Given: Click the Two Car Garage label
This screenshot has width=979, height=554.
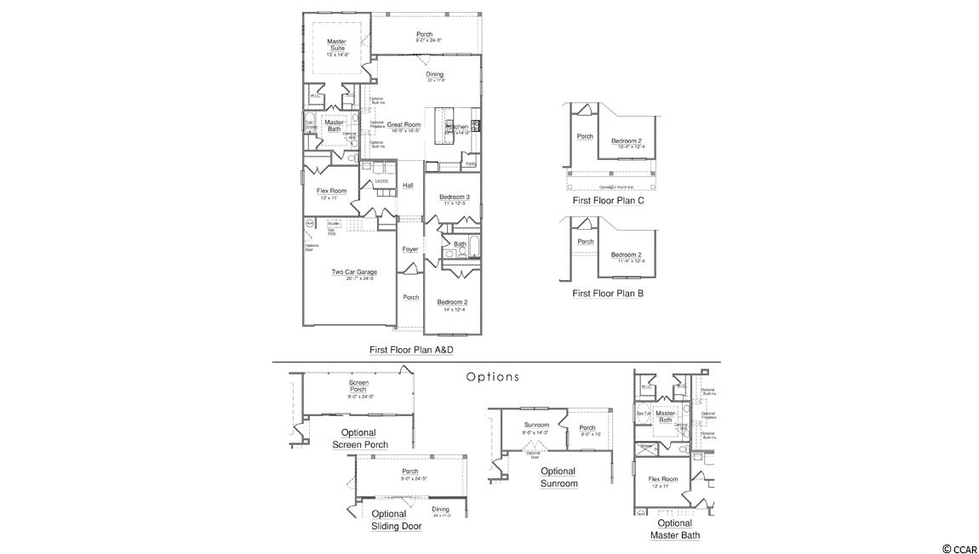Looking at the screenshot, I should pyautogui.click(x=354, y=272).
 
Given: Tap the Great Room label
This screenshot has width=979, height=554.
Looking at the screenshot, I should pyautogui.click(x=404, y=125).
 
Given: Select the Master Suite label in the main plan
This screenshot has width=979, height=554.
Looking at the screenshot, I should pyautogui.click(x=336, y=44).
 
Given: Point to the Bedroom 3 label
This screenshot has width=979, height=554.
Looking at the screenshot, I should pyautogui.click(x=455, y=197).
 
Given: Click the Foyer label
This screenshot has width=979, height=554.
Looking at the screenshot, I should pyautogui.click(x=410, y=249).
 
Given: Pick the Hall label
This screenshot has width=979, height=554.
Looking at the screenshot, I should pyautogui.click(x=408, y=186).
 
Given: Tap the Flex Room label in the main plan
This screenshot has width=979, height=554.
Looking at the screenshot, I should pyautogui.click(x=331, y=191).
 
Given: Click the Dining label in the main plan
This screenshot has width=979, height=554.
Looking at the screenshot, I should pyautogui.click(x=435, y=75).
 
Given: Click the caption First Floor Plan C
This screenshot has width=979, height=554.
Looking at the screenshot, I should pyautogui.click(x=608, y=201).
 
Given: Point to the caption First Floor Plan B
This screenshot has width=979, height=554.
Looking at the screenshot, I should pyautogui.click(x=608, y=294).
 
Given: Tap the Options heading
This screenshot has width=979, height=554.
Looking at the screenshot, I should pyautogui.click(x=492, y=377).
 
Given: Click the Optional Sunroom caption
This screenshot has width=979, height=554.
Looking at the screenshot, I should pyautogui.click(x=558, y=477).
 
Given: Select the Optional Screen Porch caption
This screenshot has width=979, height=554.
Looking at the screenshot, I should pyautogui.click(x=358, y=439).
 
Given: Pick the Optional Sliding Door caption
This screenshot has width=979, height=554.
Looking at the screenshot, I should pyautogui.click(x=396, y=520).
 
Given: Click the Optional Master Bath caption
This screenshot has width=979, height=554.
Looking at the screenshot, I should pyautogui.click(x=675, y=529).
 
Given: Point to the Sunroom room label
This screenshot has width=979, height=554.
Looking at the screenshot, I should pyautogui.click(x=536, y=425).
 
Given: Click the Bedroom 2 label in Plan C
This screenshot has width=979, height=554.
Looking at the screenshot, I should pyautogui.click(x=626, y=140).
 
